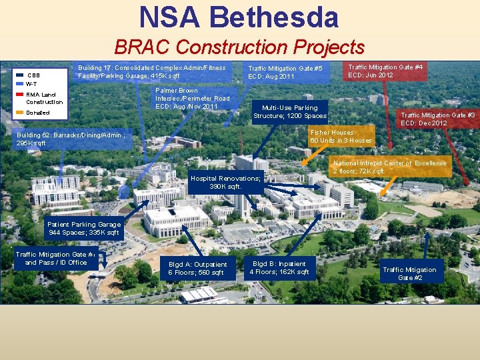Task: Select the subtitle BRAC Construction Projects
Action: tap(239, 47)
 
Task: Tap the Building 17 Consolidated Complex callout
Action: tap(152, 72)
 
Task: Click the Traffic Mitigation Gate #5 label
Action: tap(285, 72)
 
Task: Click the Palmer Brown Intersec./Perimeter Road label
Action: tap(192, 98)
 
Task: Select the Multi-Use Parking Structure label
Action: tap(289, 111)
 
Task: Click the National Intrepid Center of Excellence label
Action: tap(390, 167)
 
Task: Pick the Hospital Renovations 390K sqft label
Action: tap(225, 182)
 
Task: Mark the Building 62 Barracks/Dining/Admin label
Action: tap(70, 139)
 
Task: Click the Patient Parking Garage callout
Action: tap(84, 229)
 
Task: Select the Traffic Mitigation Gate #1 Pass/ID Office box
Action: tap(56, 258)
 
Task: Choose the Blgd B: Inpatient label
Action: tap(279, 267)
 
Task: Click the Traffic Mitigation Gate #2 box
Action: tap(409, 273)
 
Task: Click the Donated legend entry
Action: tap(37, 113)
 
